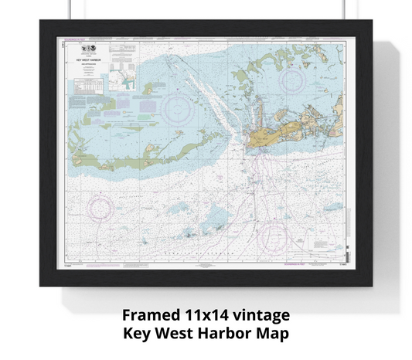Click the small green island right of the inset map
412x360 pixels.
148,89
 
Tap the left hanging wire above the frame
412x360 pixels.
70,10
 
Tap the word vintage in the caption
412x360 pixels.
263,317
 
